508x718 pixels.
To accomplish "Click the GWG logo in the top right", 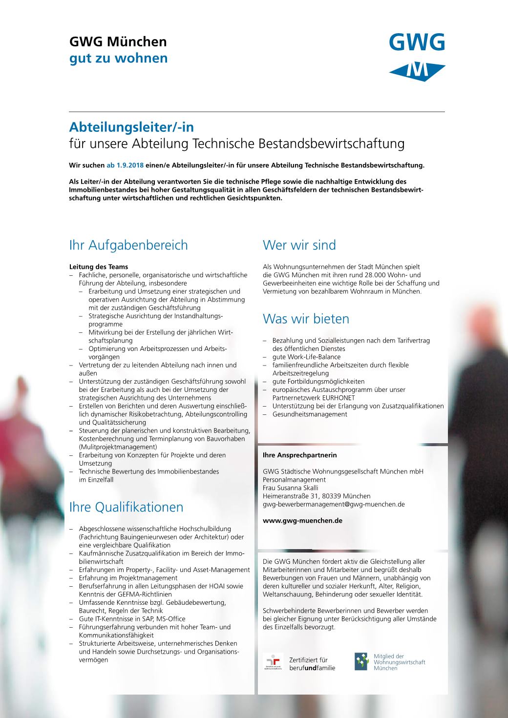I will pyautogui.click(x=417, y=57).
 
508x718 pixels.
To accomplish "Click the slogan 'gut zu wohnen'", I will pyautogui.click(x=118, y=58).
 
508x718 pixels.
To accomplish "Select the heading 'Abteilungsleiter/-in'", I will pyautogui.click(x=131, y=127).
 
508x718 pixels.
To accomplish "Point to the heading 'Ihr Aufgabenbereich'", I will pyautogui.click(x=128, y=245).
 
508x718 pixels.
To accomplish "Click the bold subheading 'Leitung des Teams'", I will pyautogui.click(x=99, y=267).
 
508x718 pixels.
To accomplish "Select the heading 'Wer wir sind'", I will pyautogui.click(x=299, y=245).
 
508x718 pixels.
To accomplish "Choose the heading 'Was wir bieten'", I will pyautogui.click(x=306, y=319).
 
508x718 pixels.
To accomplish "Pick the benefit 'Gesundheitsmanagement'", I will pyautogui.click(x=310, y=414).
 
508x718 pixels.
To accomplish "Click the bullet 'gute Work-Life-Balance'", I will pyautogui.click(x=306, y=357).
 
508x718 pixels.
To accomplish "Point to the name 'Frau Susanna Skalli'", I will pyautogui.click(x=290, y=488).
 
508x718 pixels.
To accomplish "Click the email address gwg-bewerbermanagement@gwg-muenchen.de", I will pyautogui.click(x=334, y=505).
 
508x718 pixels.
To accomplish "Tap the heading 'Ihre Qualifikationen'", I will pyautogui.click(x=126, y=507).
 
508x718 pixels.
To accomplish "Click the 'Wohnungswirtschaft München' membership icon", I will pyautogui.click(x=361, y=662).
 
